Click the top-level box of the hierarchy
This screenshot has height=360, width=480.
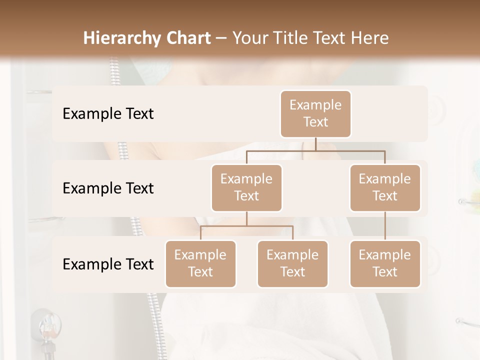pos(315,113)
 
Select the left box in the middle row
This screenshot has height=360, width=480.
pos(246,187)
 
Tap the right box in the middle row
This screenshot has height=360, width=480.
pos(385,187)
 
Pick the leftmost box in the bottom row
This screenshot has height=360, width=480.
pos(200,263)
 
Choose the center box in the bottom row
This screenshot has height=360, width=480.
pos(292,263)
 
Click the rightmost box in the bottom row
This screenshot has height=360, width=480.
pos(385,263)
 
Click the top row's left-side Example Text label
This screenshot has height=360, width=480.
pos(108,114)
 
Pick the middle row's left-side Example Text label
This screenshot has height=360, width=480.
pos(108,188)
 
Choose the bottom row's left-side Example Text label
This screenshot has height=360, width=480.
pos(108,264)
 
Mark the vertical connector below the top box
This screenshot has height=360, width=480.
pos(315,144)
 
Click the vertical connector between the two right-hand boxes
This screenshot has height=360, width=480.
pos(385,226)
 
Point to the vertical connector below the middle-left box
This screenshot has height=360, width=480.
pos(246,219)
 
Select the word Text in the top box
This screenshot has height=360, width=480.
pos(315,122)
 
